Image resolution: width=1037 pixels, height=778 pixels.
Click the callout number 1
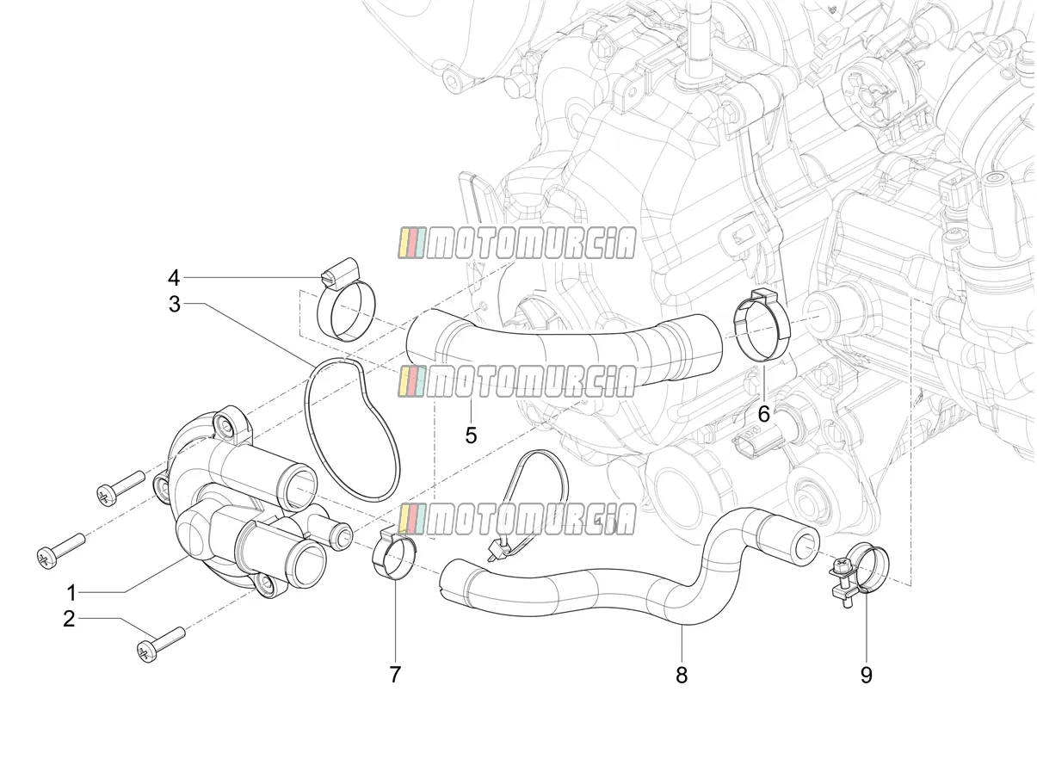pyautogui.click(x=71, y=593)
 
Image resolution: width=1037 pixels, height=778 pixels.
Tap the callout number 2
pyautogui.click(x=69, y=619)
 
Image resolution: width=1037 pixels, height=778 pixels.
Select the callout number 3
pyautogui.click(x=175, y=305)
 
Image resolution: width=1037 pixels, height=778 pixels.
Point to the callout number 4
pyautogui.click(x=175, y=278)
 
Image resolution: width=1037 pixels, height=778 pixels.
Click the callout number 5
pyautogui.click(x=471, y=435)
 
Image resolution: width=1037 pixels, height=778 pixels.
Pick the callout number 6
pyautogui.click(x=763, y=414)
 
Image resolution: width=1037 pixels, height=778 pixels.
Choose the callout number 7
pyautogui.click(x=395, y=674)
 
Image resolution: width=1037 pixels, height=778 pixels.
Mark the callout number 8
pyautogui.click(x=682, y=675)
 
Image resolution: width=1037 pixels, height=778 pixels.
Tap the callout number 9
pyautogui.click(x=866, y=675)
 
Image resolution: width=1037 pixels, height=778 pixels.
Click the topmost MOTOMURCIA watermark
pyautogui.click(x=517, y=244)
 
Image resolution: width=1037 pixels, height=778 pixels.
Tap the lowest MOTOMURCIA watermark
pyautogui.click(x=517, y=519)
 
